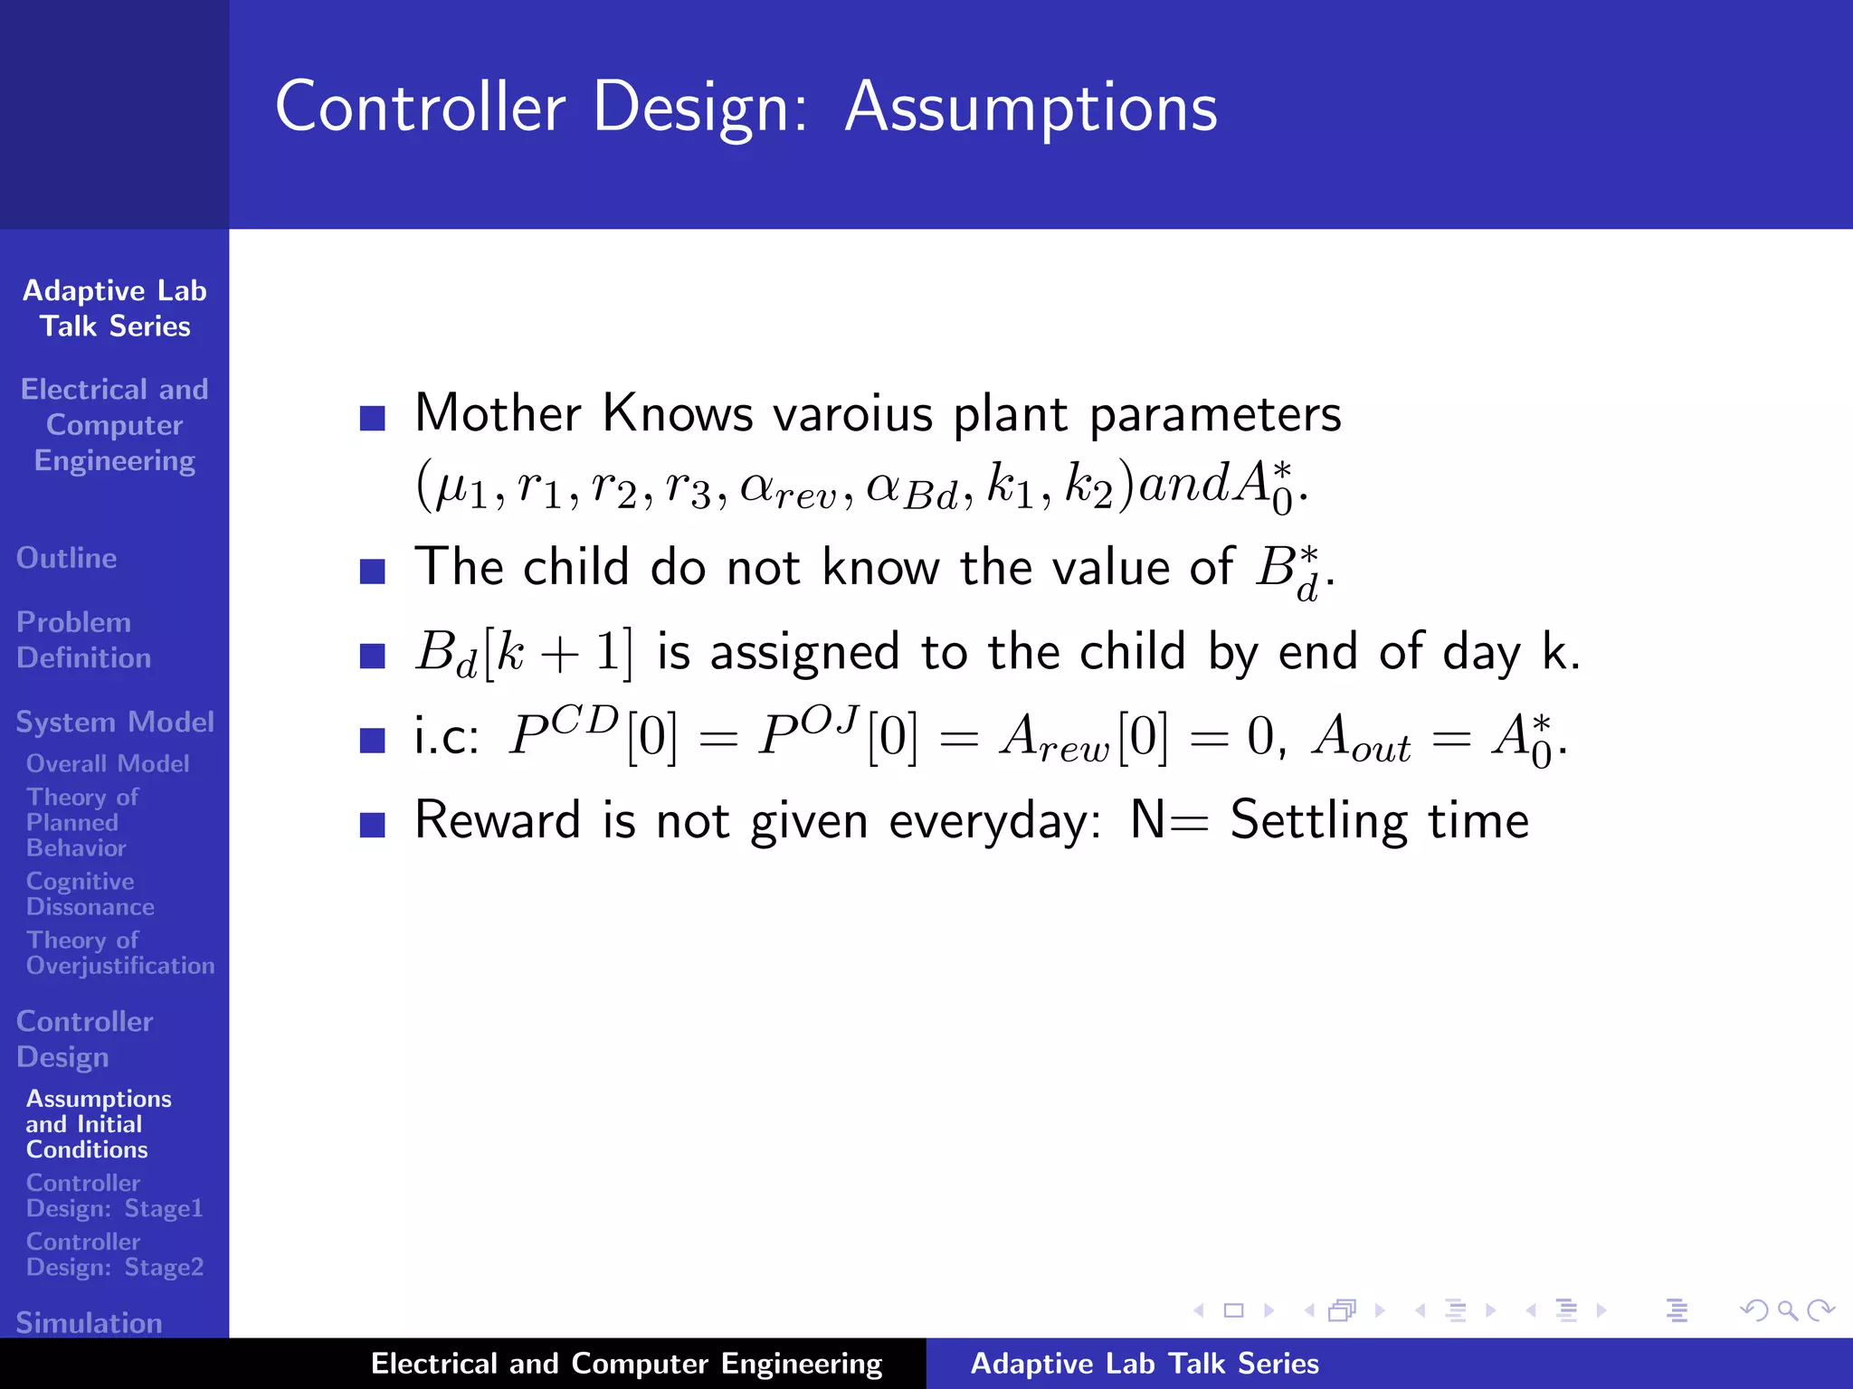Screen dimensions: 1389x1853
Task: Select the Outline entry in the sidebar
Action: tap(66, 558)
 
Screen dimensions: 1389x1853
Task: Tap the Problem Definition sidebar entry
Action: tap(82, 639)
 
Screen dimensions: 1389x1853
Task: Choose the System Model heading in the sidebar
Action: tap(115, 722)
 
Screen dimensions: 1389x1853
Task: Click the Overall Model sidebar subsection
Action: tap(108, 763)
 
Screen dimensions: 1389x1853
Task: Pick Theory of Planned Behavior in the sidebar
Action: tap(81, 822)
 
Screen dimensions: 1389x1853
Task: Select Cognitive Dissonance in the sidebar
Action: tap(90, 893)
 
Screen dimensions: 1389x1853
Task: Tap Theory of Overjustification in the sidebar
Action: tap(119, 952)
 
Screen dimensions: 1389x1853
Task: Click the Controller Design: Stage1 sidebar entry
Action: tap(114, 1195)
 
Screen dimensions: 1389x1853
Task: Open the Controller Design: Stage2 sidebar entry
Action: tap(114, 1254)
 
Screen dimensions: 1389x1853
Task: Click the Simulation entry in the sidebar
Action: tap(89, 1322)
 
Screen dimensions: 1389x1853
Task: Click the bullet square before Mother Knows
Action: tap(372, 417)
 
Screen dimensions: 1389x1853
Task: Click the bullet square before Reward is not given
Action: tap(372, 824)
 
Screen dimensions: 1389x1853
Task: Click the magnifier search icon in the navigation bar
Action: tap(1787, 1310)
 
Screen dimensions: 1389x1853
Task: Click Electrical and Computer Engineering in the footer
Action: tap(626, 1364)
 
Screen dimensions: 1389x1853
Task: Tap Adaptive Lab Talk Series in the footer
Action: tap(1144, 1364)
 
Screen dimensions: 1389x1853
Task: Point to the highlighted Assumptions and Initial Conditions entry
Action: tap(98, 1124)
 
